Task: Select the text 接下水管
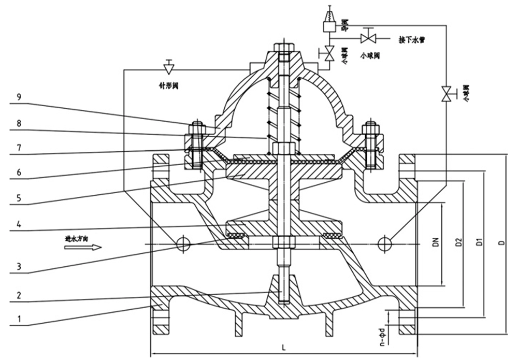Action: pos(411,39)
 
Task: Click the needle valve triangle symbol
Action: pos(168,68)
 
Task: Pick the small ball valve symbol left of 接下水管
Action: pos(369,38)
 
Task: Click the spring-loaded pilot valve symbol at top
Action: pos(328,19)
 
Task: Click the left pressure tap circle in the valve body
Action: pos(182,243)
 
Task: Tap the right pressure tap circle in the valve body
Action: pos(384,243)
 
